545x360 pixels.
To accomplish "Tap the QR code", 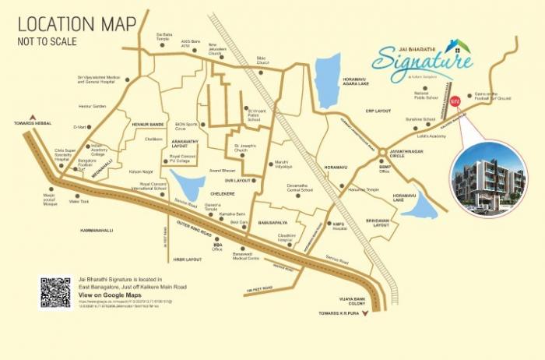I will point(55,291).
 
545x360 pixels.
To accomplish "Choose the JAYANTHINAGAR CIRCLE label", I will point(406,154).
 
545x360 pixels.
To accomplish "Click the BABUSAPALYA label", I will point(274,221).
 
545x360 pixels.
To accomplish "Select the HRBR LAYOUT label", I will point(188,259).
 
